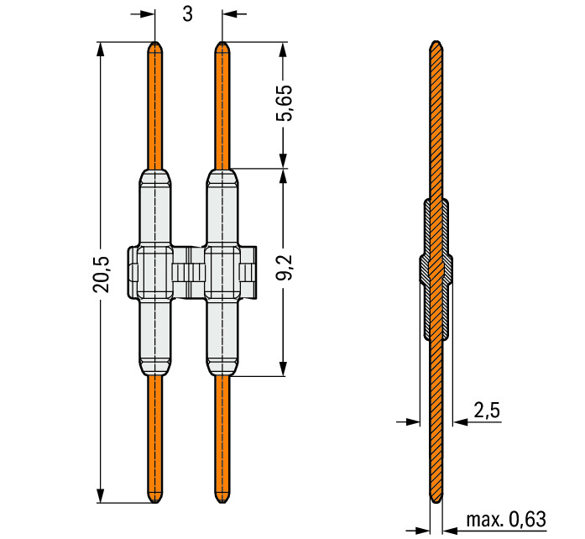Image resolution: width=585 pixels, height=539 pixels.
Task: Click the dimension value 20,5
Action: click(x=101, y=274)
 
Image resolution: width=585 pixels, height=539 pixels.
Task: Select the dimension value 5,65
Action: click(x=284, y=103)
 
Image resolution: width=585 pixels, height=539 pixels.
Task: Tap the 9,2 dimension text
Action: click(x=284, y=268)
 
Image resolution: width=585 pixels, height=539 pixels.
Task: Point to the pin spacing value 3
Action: click(x=188, y=14)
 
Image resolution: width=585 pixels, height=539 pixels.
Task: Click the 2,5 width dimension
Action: click(x=487, y=411)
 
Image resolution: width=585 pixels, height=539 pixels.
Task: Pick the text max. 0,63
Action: click(x=506, y=519)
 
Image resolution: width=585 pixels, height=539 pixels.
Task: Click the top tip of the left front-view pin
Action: click(x=155, y=42)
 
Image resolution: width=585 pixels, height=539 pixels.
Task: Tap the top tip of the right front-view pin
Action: click(x=222, y=42)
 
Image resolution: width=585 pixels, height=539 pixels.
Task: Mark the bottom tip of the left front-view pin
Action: click(x=155, y=502)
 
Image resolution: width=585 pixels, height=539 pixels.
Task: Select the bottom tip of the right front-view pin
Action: click(x=222, y=502)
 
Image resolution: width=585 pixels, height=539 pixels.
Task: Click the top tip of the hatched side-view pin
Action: click(x=436, y=41)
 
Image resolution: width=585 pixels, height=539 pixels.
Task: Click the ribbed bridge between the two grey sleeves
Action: click(x=189, y=273)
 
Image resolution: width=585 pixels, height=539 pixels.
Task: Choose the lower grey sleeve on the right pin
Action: click(x=222, y=337)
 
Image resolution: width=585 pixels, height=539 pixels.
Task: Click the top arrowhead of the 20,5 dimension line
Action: click(x=101, y=49)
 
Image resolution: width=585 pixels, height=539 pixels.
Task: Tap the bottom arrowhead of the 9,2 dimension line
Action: click(x=283, y=369)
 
